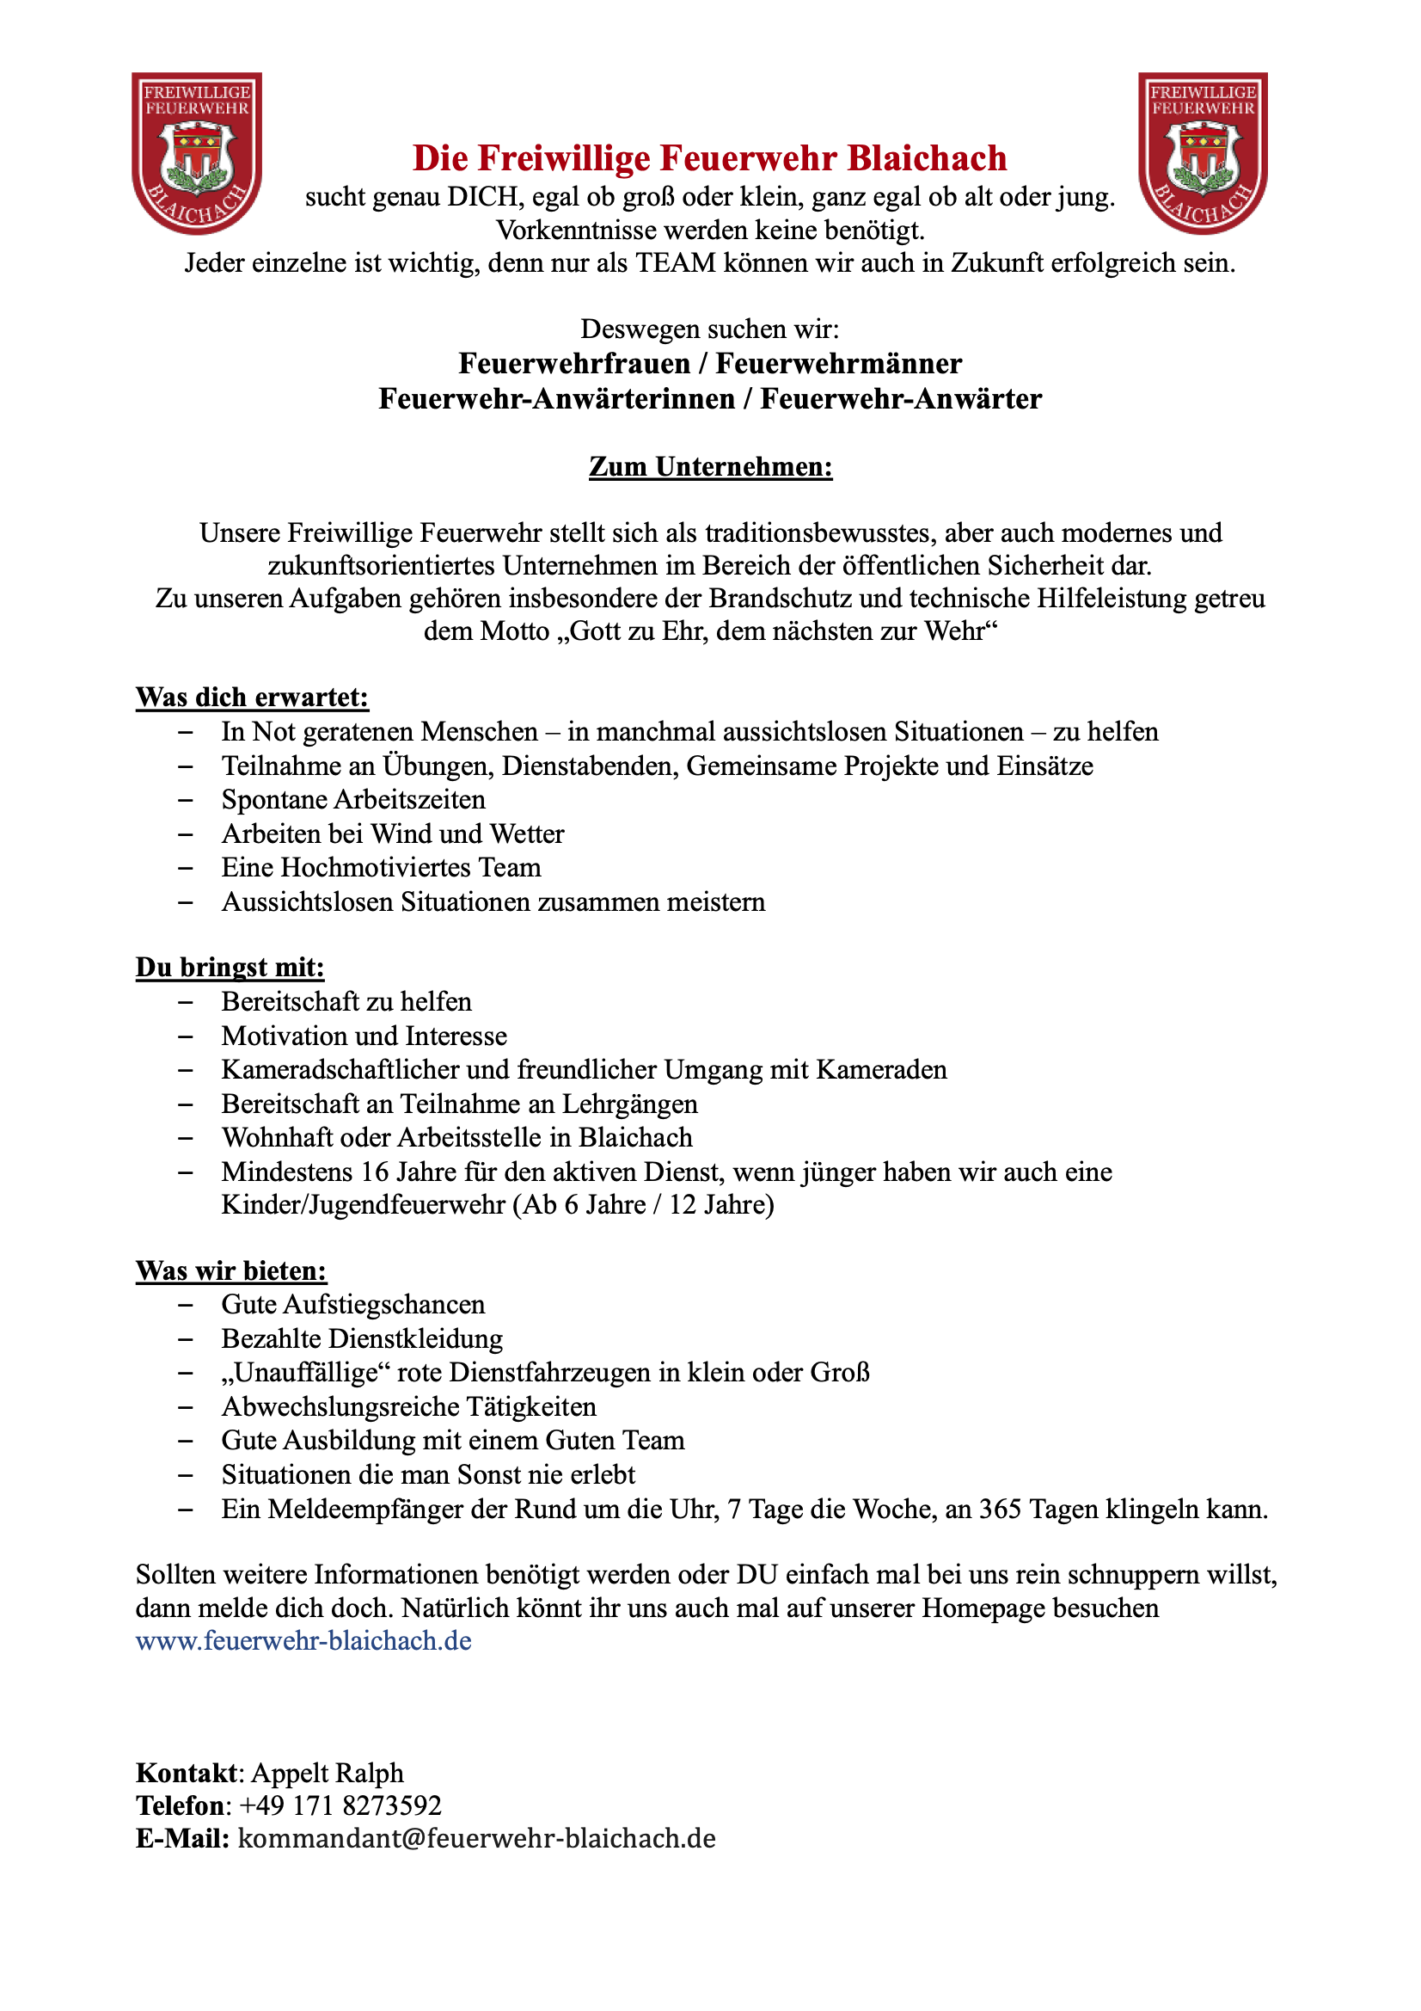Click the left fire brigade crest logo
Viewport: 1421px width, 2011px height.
197,153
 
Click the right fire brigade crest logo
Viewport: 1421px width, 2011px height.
1203,153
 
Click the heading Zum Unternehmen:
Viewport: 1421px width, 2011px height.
710,467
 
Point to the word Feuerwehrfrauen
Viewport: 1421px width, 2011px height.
574,364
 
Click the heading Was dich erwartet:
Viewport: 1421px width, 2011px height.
252,698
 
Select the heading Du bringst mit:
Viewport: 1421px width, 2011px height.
230,967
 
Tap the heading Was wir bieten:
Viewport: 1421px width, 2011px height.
231,1271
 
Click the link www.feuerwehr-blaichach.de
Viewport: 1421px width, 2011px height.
303,1640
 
